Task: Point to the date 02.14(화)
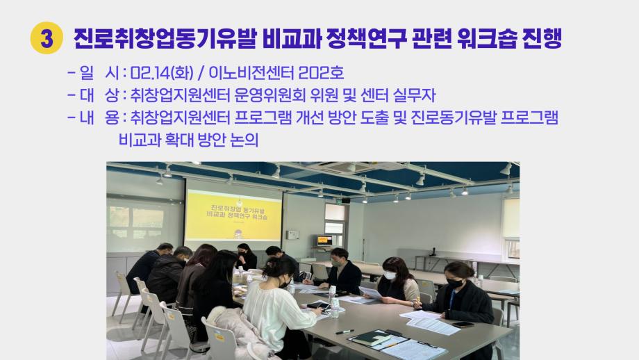tap(161, 72)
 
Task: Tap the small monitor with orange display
tap(324, 240)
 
